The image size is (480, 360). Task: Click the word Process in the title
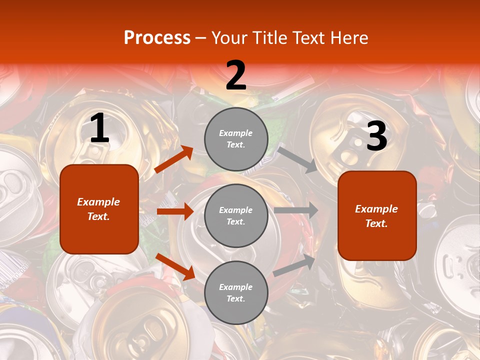(157, 38)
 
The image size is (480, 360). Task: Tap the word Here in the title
(348, 38)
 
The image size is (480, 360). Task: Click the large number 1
(99, 128)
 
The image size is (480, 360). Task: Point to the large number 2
(236, 76)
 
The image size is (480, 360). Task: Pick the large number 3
(376, 136)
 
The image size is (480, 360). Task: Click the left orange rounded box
(99, 209)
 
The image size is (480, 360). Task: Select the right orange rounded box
(377, 215)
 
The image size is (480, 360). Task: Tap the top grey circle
(236, 139)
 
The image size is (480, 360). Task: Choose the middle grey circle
(236, 215)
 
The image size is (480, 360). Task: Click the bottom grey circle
(236, 292)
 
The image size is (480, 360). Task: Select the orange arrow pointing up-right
(174, 159)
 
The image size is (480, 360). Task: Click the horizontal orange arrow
(175, 211)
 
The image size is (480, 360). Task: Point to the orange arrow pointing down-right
(175, 266)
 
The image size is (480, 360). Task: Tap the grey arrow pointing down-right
(298, 159)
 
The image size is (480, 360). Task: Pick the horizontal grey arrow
(296, 210)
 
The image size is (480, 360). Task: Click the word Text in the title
(309, 38)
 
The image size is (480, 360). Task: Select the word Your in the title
(228, 38)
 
